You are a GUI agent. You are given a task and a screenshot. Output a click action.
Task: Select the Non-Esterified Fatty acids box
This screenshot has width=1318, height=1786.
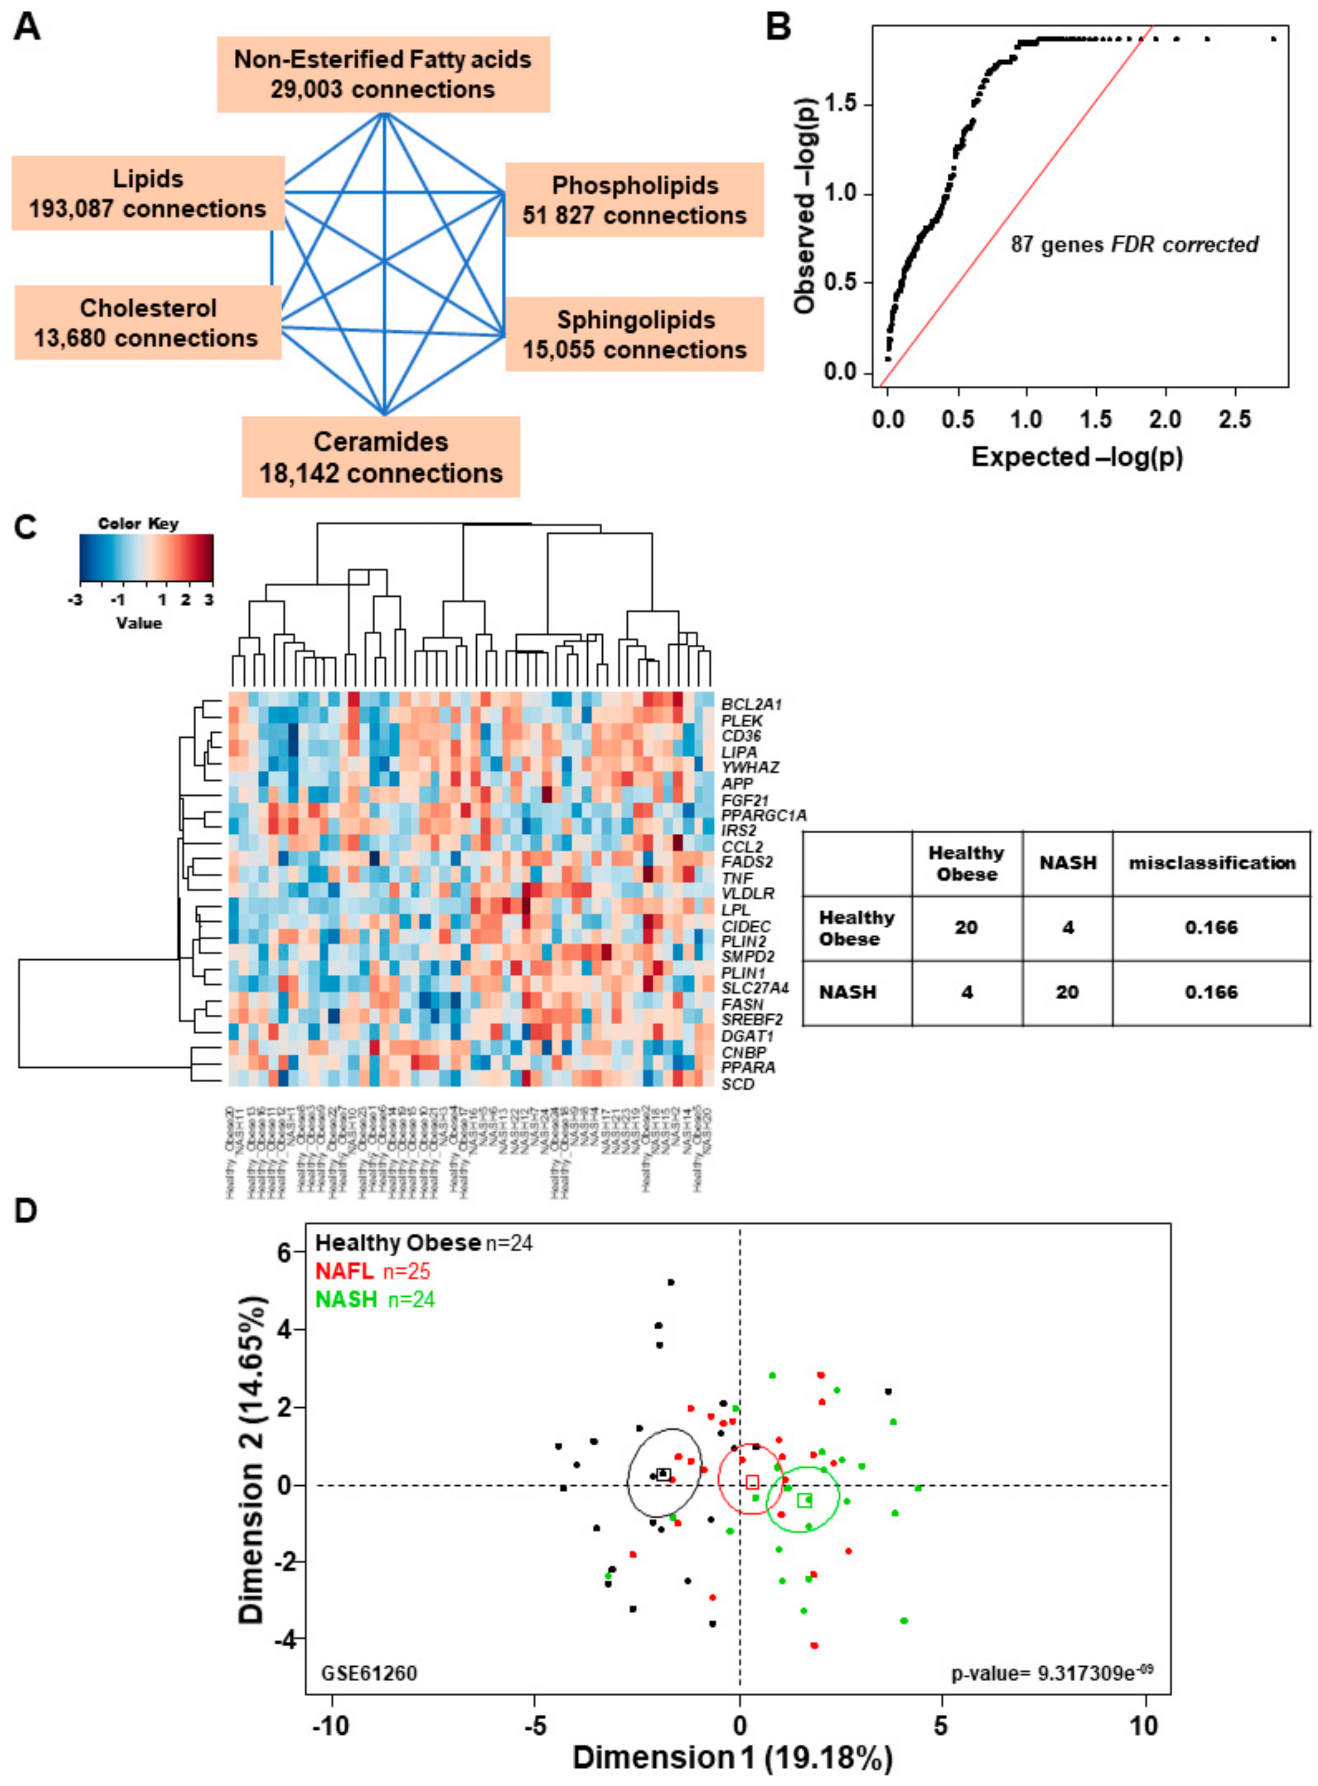[383, 74]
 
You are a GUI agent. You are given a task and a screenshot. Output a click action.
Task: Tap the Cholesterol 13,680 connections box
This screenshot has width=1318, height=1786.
[148, 322]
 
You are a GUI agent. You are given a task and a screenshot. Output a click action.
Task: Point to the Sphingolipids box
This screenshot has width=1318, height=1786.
[635, 334]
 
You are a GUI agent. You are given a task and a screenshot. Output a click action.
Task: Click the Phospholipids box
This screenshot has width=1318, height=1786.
[635, 200]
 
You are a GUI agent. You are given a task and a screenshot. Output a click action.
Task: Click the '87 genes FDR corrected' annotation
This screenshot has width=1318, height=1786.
[1135, 244]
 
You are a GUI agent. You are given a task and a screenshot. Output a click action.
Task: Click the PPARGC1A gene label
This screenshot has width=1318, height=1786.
[763, 815]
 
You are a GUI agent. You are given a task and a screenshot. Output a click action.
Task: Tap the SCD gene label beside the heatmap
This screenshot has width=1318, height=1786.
[737, 1084]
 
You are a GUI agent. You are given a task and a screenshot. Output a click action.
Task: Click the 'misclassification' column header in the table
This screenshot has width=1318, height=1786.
[1211, 863]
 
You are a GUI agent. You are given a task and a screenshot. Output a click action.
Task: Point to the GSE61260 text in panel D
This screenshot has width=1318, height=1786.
[368, 1672]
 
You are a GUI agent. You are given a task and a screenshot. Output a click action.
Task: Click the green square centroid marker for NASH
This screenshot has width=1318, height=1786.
[804, 1500]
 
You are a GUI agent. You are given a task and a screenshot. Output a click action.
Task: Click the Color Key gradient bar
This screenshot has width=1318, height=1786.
[147, 556]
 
